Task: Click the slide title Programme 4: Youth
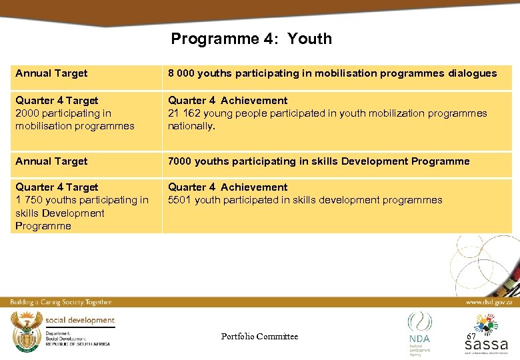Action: tap(251, 39)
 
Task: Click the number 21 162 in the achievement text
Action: tap(183, 113)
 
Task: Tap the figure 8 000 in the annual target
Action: tap(181, 73)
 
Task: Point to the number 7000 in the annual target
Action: tap(180, 161)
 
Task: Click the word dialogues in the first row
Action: tap(472, 73)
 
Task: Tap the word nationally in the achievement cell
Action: tap(191, 126)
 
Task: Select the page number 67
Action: tap(471, 337)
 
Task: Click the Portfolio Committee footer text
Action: tap(259, 337)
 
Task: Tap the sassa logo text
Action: tap(486, 345)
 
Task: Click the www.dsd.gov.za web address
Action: tap(489, 302)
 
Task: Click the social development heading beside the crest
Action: tap(80, 320)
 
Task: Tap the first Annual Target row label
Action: tap(51, 73)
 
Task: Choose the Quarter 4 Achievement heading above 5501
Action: tap(227, 187)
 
